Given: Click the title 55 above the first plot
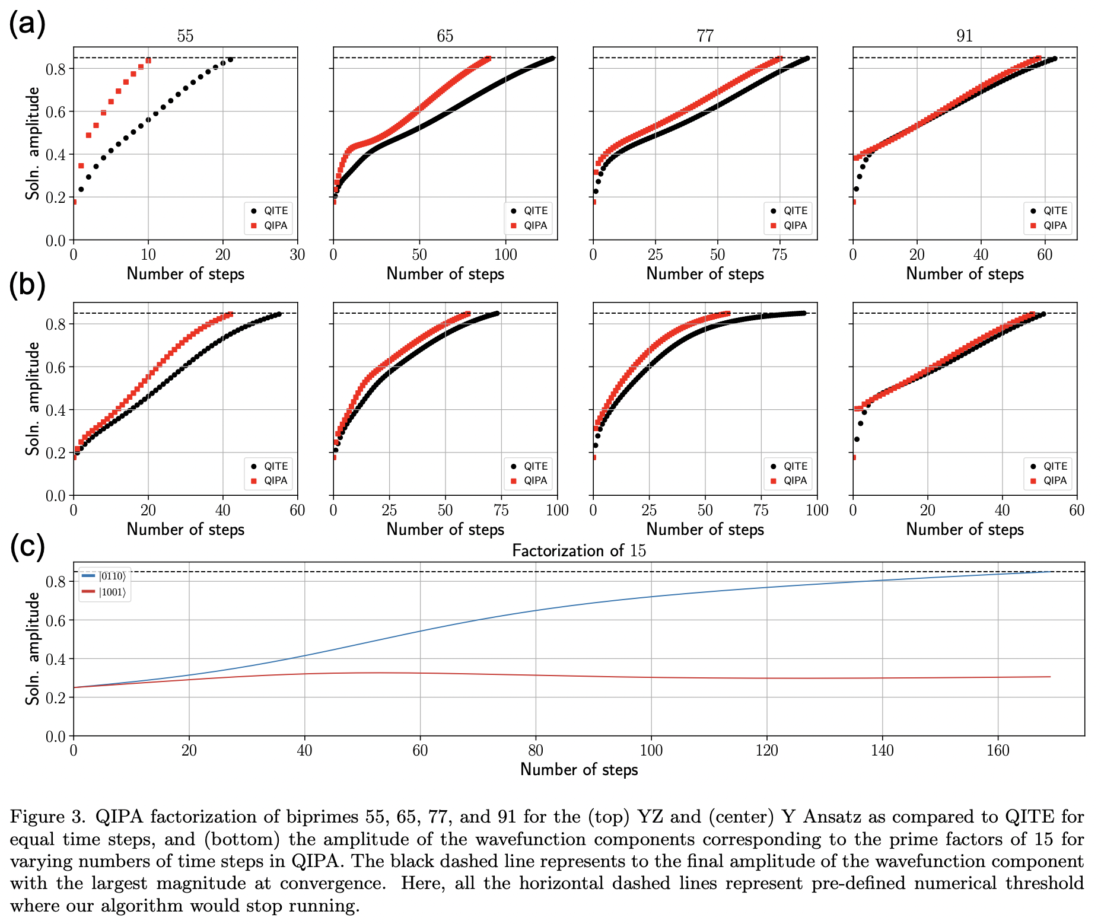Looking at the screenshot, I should pyautogui.click(x=185, y=36).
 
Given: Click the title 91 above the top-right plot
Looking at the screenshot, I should pyautogui.click(x=965, y=36).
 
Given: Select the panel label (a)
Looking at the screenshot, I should pyautogui.click(x=27, y=24).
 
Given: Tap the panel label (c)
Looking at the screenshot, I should pyautogui.click(x=27, y=546).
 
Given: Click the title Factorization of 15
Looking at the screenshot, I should pyautogui.click(x=579, y=550).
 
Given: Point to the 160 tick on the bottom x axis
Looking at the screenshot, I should pyautogui.click(x=998, y=751).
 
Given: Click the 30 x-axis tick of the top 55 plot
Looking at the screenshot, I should pyautogui.click(x=297, y=255).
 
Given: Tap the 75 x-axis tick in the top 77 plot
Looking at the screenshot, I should pyautogui.click(x=779, y=255).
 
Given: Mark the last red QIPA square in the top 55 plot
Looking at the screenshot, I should pyautogui.click(x=148, y=60).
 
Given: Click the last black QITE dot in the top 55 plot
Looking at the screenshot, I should pyautogui.click(x=230, y=59).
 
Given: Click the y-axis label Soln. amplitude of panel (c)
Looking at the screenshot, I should pyautogui.click(x=33, y=649).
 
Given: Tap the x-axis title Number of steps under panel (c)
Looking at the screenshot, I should pyautogui.click(x=579, y=769).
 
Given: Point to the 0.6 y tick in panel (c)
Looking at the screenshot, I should pyautogui.click(x=55, y=620).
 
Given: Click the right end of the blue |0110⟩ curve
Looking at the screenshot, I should pyautogui.click(x=1050, y=571).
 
